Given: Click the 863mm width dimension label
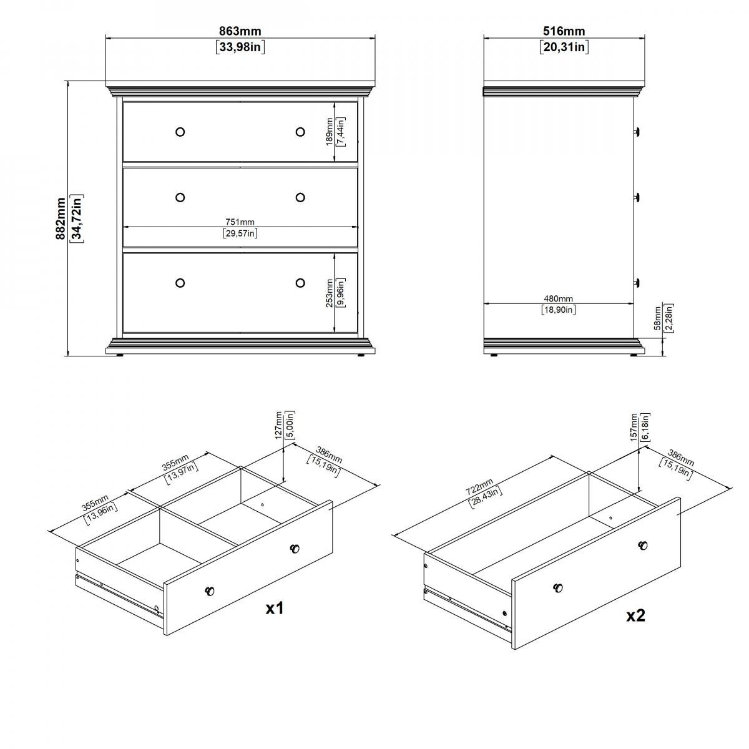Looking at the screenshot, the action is click(240, 31).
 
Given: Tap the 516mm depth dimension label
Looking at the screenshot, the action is click(564, 31).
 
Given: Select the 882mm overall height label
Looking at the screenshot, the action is click(61, 218).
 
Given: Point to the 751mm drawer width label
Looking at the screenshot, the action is click(240, 222).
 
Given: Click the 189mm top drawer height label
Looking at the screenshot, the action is click(329, 132).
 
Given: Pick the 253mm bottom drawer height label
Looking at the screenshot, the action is click(329, 293).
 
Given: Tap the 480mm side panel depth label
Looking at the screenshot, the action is click(558, 298).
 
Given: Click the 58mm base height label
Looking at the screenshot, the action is click(657, 318).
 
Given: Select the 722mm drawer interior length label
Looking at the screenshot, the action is click(479, 487).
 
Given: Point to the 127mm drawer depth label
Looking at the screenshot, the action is click(278, 425).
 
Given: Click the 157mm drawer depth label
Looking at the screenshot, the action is click(634, 427).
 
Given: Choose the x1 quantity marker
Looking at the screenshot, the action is click(275, 608).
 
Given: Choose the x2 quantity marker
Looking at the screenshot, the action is click(635, 615).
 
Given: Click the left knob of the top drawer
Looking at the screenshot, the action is click(180, 132).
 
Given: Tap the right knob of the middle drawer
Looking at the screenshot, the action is click(300, 197).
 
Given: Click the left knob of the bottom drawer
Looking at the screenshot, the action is click(180, 283).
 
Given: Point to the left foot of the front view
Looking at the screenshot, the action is click(120, 355).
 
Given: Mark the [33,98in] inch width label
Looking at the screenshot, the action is click(240, 47).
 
